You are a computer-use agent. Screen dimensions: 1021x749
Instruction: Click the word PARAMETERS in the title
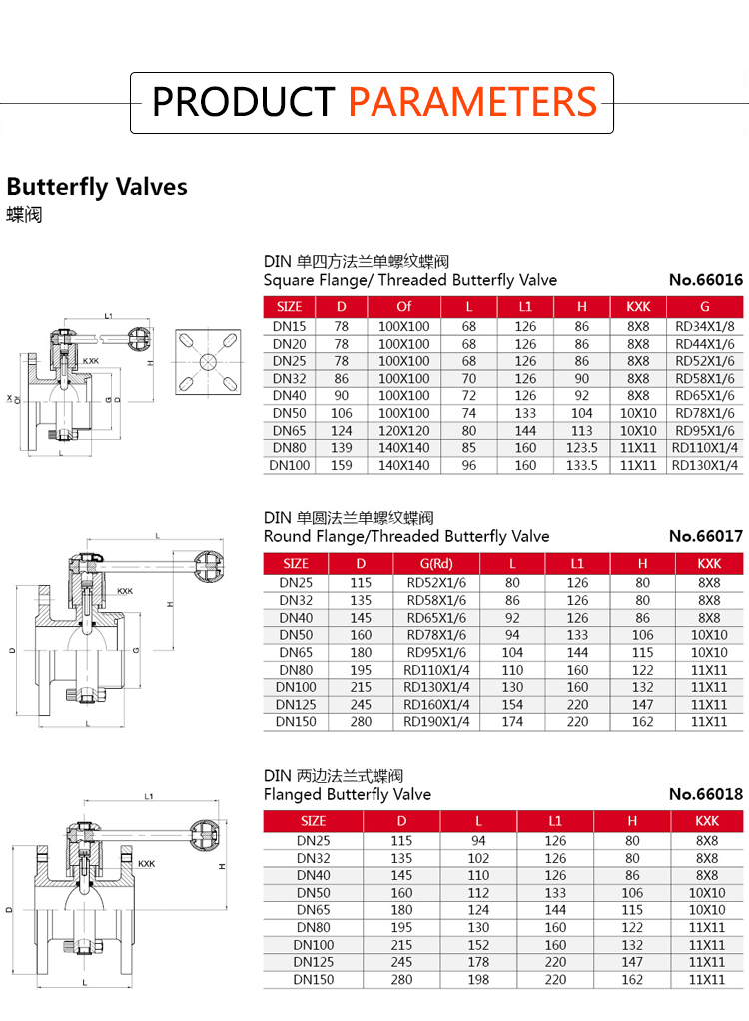pos(473,102)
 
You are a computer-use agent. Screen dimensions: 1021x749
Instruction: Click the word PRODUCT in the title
pos(243,102)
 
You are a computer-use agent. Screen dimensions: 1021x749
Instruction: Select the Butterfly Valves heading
pos(97,187)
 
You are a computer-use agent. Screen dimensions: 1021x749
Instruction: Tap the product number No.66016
pos(706,280)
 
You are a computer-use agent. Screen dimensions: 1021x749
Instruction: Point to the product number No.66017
pos(706,536)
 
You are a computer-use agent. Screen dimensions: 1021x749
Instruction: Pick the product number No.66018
pos(706,794)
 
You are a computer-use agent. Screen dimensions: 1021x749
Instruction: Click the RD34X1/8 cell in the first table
pos(705,326)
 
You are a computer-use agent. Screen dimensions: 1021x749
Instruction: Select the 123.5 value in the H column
pos(581,448)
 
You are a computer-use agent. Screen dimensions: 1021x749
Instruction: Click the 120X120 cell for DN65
pos(403,430)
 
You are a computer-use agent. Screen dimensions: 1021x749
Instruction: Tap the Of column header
pos(403,306)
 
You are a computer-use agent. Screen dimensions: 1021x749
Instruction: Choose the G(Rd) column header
pos(436,563)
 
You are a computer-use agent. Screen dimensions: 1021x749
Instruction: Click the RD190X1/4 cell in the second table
pos(436,721)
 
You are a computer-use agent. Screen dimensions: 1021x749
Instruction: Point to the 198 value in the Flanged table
pos(478,979)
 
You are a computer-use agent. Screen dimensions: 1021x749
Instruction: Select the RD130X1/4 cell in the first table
pos(705,465)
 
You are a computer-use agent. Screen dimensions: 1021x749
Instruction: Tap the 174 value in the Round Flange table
pos(512,721)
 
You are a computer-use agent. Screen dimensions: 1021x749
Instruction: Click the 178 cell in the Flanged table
pos(478,962)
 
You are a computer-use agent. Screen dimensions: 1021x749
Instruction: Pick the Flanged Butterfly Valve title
pos(347,794)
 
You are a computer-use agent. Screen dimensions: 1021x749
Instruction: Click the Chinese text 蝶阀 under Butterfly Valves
pos(24,215)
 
